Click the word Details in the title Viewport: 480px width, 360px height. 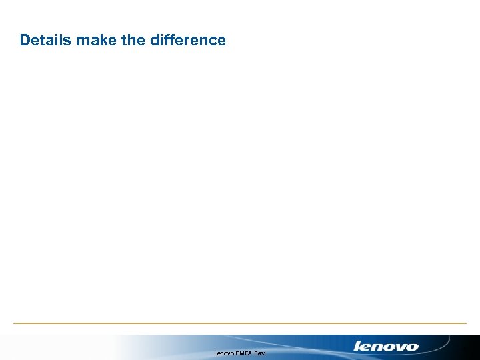point(46,40)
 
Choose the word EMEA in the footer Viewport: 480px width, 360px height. point(245,353)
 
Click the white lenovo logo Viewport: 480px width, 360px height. point(386,346)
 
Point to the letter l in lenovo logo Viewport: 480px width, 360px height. point(357,345)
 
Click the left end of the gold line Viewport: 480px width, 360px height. point(15,323)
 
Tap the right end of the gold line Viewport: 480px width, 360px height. point(465,323)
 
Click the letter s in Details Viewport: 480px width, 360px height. point(69,40)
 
